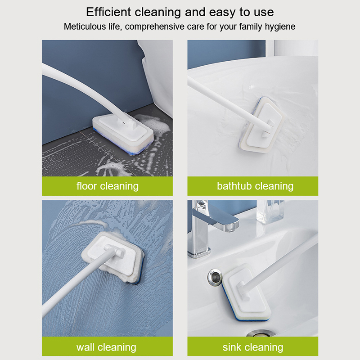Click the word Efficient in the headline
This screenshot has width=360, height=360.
pyautogui.click(x=108, y=12)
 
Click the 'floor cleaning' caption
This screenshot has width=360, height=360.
pyautogui.click(x=108, y=186)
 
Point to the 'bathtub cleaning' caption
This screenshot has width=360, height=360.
pyautogui.click(x=255, y=186)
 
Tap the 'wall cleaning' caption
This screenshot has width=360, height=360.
pyautogui.click(x=106, y=347)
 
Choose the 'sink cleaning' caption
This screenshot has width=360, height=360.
pyautogui.click(x=253, y=347)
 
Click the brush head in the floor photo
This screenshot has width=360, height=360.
pyautogui.click(x=123, y=134)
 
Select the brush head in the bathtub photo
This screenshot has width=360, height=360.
pyautogui.click(x=262, y=125)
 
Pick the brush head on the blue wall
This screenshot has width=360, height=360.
pyautogui.click(x=112, y=257)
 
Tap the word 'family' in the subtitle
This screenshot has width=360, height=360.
pyautogui.click(x=251, y=27)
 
